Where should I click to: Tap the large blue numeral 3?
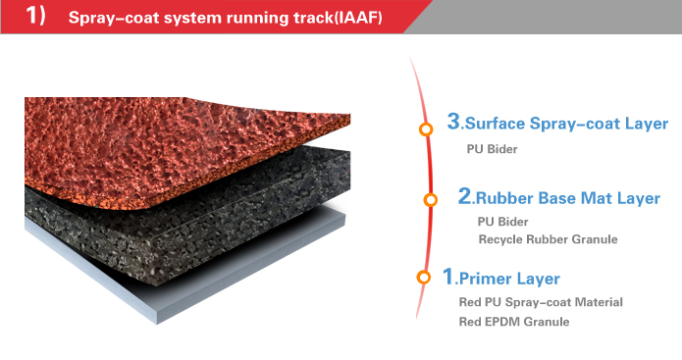[452, 122]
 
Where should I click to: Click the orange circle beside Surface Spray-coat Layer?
[425, 129]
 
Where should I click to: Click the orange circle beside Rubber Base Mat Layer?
[430, 200]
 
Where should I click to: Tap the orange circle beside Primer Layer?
[423, 279]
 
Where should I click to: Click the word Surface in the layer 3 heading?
[496, 125]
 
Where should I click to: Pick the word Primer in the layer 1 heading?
[488, 280]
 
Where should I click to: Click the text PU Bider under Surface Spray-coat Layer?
[492, 150]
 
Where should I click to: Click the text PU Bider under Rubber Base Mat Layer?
[502, 222]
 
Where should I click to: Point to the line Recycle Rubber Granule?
[548, 239]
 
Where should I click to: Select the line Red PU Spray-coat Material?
[541, 302]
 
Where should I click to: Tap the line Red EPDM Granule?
[513, 321]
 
